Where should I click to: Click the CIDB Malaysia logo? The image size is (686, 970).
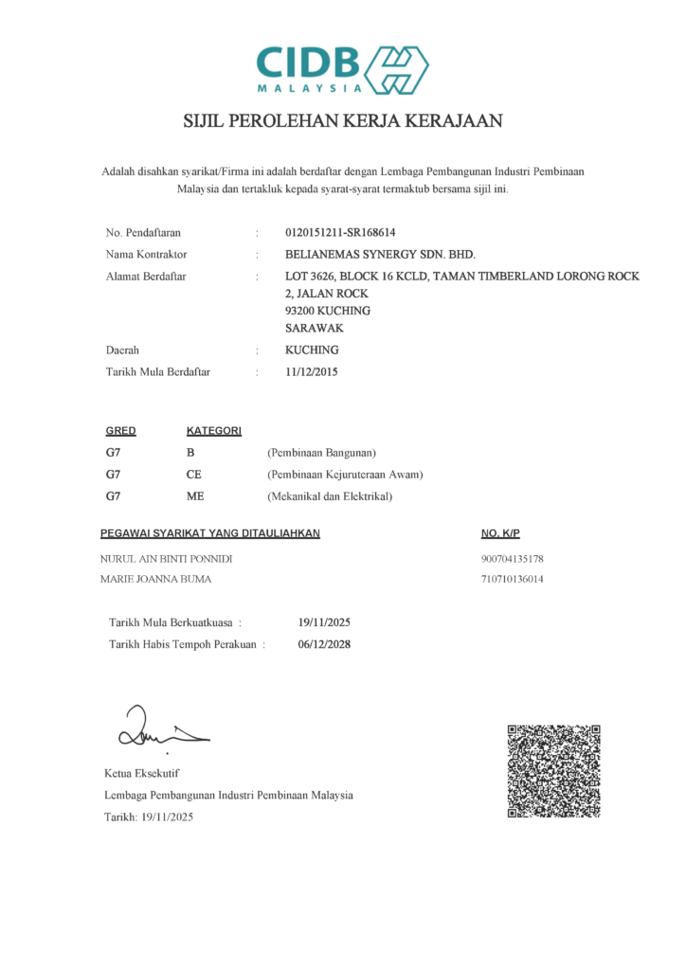click(x=342, y=67)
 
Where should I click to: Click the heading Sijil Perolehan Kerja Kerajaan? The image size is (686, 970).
click(x=342, y=122)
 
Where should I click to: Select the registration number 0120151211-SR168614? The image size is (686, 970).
click(x=340, y=232)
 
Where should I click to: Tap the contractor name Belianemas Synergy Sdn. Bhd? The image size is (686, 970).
click(x=380, y=255)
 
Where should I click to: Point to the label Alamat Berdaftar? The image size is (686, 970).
click(x=146, y=277)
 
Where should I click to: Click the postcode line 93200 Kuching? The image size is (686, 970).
click(x=328, y=311)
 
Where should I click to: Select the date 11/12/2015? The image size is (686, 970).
click(x=311, y=372)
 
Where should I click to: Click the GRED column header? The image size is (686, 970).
click(x=120, y=431)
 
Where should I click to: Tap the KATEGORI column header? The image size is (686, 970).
click(x=214, y=431)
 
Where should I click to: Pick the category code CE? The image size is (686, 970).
click(x=194, y=474)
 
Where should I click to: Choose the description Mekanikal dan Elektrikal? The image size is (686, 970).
click(x=330, y=495)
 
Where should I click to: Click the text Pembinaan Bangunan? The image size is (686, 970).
click(x=322, y=452)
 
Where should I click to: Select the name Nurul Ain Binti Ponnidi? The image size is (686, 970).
click(x=167, y=559)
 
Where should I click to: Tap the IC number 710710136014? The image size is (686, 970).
click(x=512, y=579)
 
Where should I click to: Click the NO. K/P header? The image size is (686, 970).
click(x=501, y=534)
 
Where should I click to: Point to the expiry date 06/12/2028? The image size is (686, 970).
click(x=324, y=644)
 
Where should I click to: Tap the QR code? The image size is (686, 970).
click(x=554, y=771)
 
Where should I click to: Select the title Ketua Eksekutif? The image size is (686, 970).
click(x=142, y=774)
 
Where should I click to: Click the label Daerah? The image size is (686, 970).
click(x=124, y=350)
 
